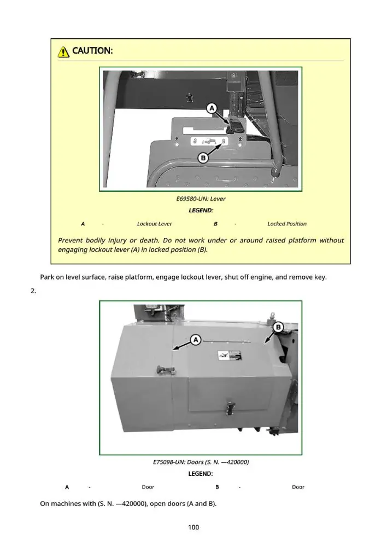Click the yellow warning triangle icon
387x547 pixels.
(63, 51)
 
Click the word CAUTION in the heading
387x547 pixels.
(92, 51)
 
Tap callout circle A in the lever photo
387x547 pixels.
(212, 108)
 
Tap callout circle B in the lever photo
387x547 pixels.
(203, 158)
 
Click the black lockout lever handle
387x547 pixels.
(233, 125)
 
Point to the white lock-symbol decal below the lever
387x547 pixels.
(208, 141)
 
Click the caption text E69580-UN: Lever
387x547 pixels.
(201, 199)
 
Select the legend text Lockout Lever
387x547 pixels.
(155, 224)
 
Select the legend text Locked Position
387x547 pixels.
(287, 224)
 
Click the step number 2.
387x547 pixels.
(33, 291)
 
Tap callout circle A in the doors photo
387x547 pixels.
(196, 340)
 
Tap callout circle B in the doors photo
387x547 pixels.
(278, 327)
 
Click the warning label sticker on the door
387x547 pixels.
(230, 356)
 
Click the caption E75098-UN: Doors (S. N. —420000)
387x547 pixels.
(201, 462)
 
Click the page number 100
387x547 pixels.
(193, 527)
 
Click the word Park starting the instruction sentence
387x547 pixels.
(47, 277)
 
